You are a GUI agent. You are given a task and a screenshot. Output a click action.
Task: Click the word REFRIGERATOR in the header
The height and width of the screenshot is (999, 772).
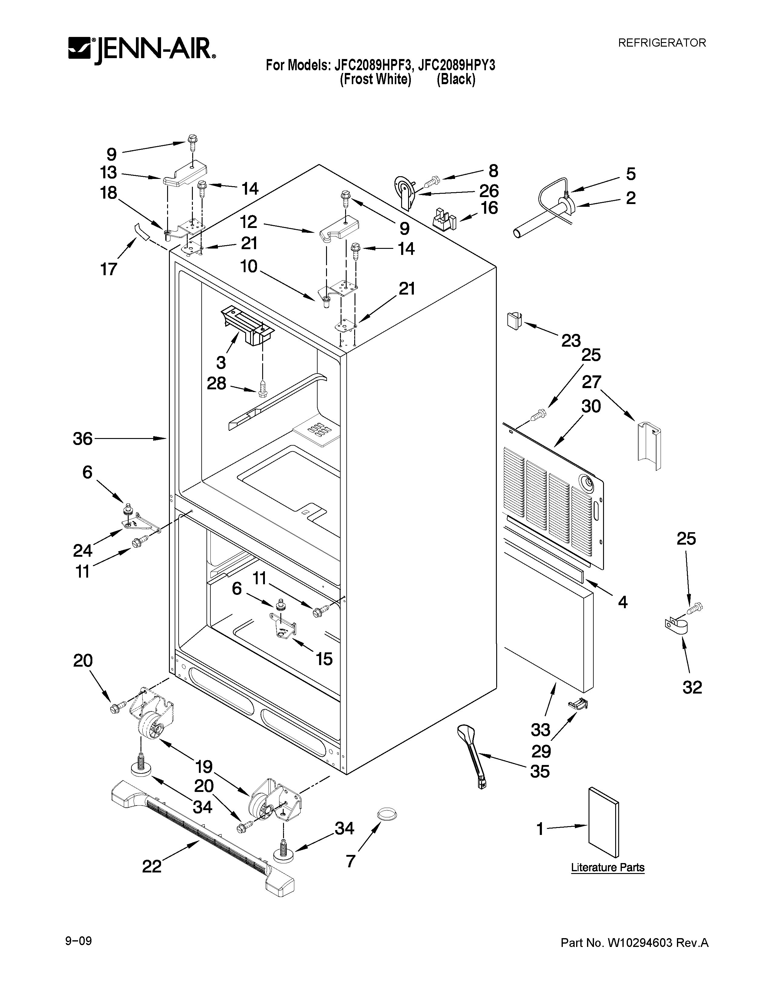point(662,43)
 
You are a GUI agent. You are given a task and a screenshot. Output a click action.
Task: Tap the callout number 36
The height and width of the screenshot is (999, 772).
point(83,439)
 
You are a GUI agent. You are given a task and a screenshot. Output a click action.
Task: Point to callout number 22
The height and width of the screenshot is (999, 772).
point(152,866)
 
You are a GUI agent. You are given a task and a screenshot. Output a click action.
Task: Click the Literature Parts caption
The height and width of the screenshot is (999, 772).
point(607,867)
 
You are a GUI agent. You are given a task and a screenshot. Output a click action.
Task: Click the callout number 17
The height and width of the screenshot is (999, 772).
point(108,269)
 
